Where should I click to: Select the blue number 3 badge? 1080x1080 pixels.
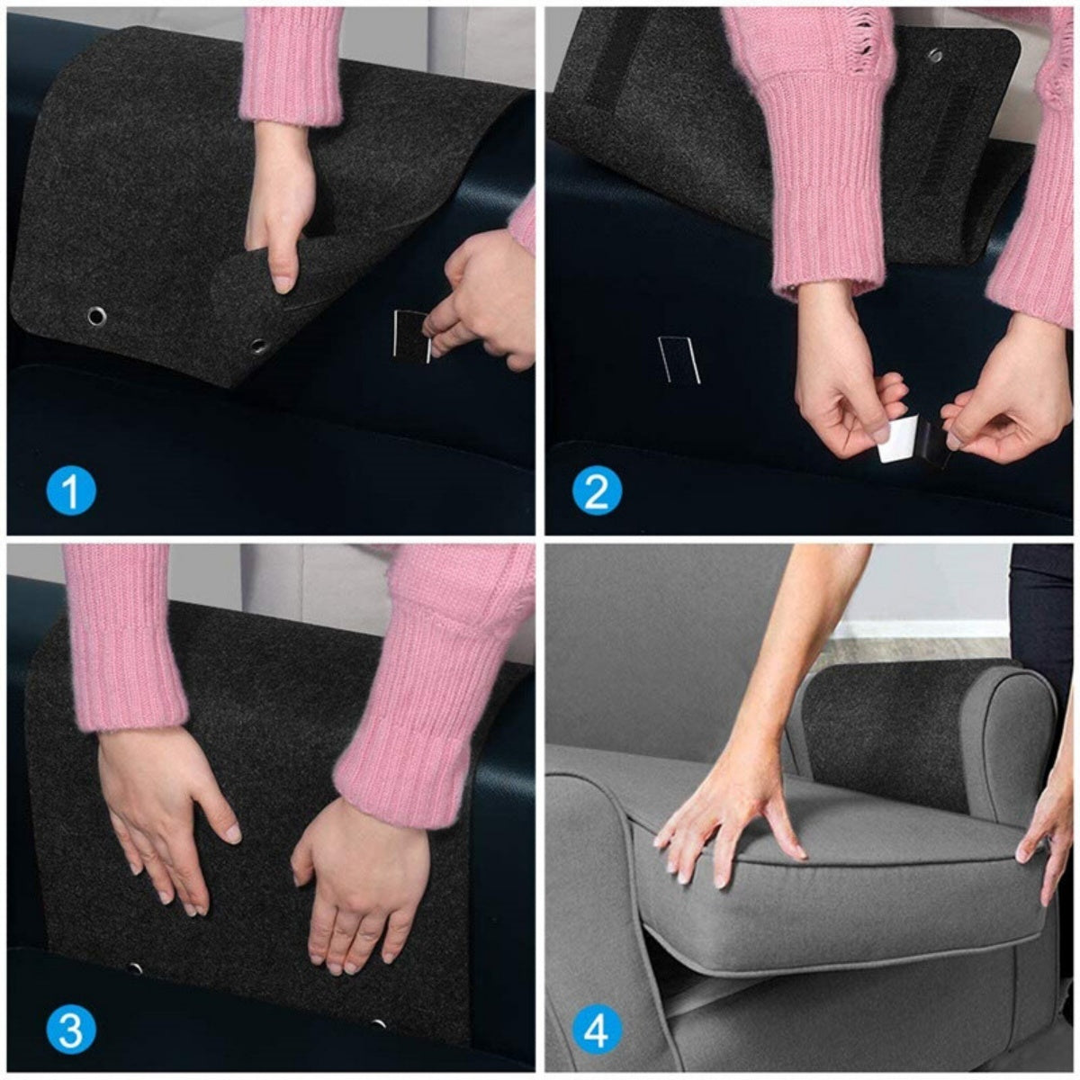click(x=70, y=1031)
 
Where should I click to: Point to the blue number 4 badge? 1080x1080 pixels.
click(x=597, y=1031)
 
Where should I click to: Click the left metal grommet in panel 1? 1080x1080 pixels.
click(x=95, y=315)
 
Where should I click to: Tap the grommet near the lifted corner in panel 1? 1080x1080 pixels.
click(x=259, y=346)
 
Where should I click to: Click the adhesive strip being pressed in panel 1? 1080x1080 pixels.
click(x=412, y=337)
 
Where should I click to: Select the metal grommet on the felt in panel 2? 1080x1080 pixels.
click(x=936, y=56)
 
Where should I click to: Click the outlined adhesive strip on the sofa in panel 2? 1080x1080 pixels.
click(x=679, y=359)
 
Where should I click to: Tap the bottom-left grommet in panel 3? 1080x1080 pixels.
click(x=135, y=968)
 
